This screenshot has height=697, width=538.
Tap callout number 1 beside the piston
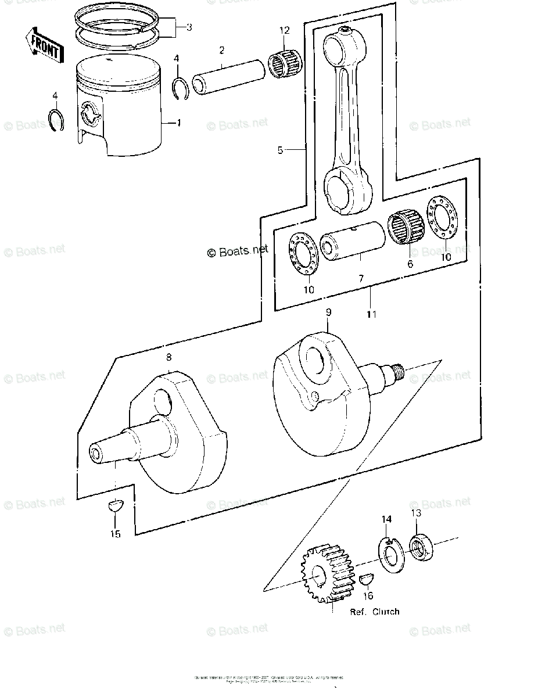178,123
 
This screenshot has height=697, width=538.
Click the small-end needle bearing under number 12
283,62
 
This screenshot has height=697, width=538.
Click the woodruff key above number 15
114,506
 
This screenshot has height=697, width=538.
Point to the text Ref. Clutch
374,612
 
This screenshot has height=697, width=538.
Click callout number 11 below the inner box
371,314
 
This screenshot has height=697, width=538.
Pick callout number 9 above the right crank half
328,312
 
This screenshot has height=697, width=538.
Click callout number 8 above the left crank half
168,357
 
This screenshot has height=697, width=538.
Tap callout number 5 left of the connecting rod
280,150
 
